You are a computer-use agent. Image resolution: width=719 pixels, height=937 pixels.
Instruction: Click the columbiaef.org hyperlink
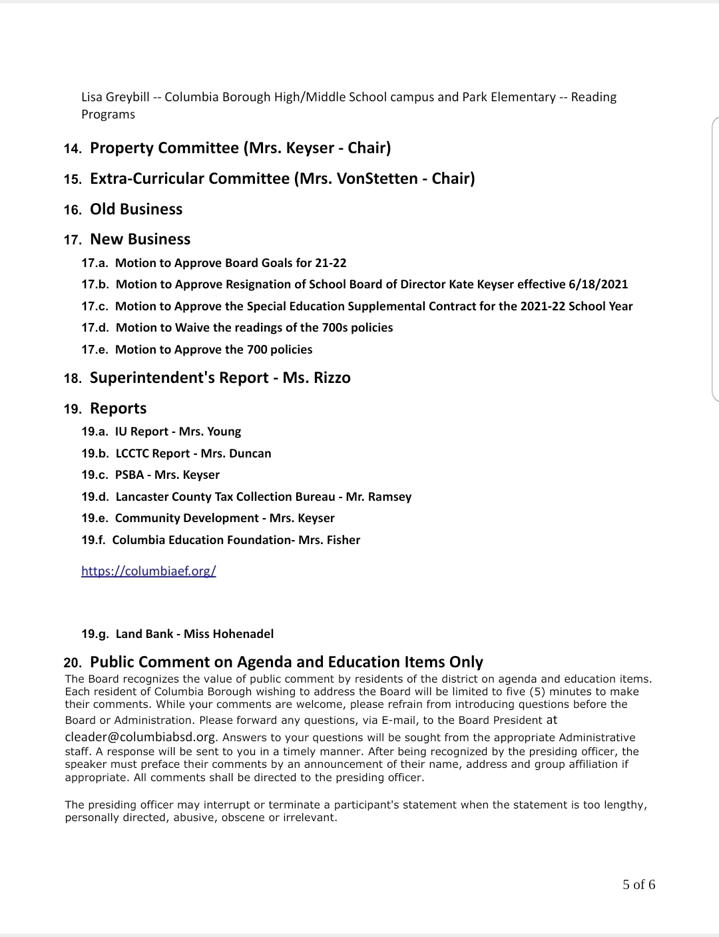[x=148, y=571]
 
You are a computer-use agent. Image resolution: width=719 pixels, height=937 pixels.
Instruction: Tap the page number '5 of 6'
[x=638, y=884]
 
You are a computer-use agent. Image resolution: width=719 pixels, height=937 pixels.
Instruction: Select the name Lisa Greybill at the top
[x=115, y=97]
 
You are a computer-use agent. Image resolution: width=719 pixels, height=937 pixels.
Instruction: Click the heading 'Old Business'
[x=136, y=209]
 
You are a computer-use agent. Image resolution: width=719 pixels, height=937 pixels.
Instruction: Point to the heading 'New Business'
[x=140, y=239]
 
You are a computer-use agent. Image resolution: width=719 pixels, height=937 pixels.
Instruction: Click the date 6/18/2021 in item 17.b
[x=598, y=284]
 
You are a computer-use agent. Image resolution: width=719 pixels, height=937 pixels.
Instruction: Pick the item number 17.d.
[x=95, y=328]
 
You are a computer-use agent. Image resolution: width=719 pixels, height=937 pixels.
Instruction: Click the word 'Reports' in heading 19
[x=118, y=408]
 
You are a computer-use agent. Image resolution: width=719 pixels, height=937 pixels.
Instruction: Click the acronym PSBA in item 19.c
[x=130, y=475]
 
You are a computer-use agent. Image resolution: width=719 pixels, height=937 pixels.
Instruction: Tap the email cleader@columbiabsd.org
[x=140, y=737]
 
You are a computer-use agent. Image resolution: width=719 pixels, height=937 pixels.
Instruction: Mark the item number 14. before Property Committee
[x=73, y=149]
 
